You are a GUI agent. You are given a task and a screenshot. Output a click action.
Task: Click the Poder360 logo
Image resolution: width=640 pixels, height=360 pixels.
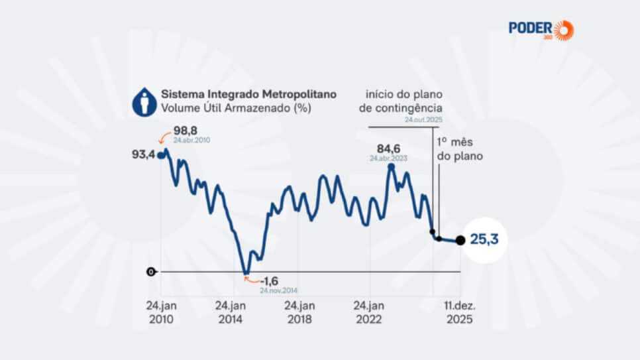tap(541, 29)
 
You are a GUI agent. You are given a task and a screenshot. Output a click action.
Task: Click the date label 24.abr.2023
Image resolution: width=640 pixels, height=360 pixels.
tap(390, 159)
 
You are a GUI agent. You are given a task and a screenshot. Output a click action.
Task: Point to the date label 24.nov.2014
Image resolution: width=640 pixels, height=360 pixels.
tap(278, 290)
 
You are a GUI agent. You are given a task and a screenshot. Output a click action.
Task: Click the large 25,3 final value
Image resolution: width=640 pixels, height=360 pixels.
tap(484, 239)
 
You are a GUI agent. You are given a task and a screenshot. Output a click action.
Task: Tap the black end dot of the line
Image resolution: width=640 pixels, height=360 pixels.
tap(460, 241)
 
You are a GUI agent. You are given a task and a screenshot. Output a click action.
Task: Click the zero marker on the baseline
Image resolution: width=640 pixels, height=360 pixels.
tap(151, 272)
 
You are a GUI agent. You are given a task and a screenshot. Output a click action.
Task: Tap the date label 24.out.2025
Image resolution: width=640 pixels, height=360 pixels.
tap(424, 120)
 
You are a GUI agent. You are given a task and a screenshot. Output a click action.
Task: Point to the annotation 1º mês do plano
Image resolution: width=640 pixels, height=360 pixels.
tap(459, 149)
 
